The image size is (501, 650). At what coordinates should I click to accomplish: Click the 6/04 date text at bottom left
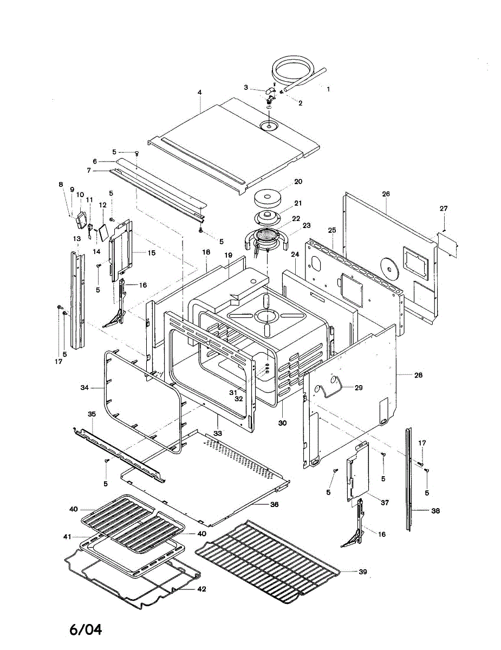click(86, 629)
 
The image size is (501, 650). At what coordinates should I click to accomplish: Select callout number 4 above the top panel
click(199, 93)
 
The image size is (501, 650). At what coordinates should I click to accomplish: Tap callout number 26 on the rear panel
click(386, 193)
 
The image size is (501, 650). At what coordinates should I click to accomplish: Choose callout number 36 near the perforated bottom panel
click(274, 504)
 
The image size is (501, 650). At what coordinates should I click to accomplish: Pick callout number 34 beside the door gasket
click(84, 388)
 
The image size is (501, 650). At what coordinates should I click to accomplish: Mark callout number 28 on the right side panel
click(418, 375)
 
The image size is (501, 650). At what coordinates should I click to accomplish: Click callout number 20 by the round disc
click(298, 181)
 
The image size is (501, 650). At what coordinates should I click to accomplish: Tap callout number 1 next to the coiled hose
click(327, 87)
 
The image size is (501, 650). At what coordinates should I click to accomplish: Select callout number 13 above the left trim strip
click(76, 238)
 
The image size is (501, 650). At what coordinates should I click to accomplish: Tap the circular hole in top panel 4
click(268, 126)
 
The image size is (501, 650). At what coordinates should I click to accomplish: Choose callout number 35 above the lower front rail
click(92, 414)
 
